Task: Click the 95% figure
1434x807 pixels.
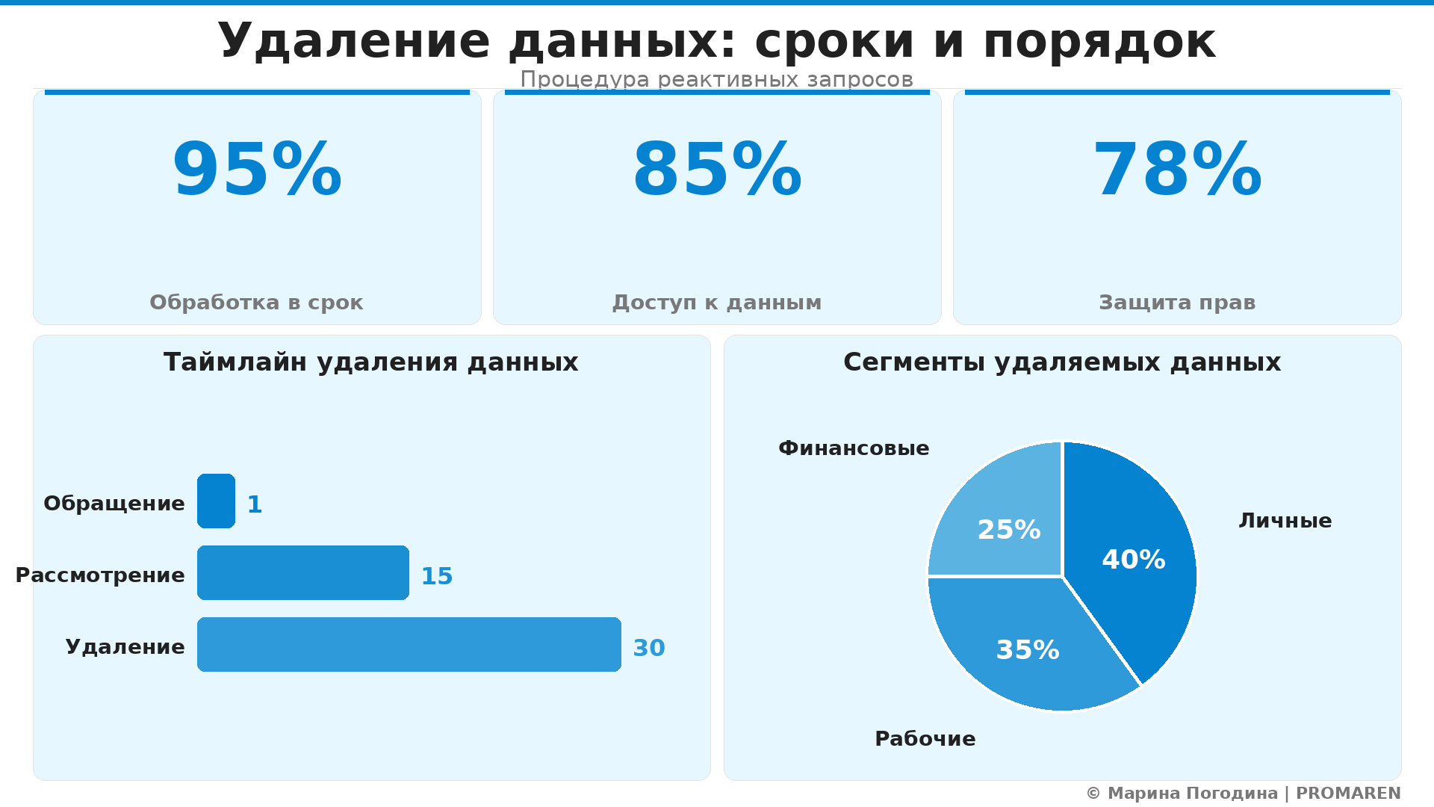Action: tap(257, 171)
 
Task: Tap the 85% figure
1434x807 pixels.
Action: tap(717, 171)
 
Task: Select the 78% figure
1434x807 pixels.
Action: tap(1177, 171)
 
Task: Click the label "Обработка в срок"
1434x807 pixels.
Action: tap(256, 303)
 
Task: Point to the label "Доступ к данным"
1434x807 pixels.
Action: tap(717, 303)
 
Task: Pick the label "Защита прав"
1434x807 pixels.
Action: tap(1177, 303)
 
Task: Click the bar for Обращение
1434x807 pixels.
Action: tap(217, 501)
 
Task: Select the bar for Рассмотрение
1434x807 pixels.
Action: tap(303, 573)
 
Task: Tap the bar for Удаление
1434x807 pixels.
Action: tap(409, 645)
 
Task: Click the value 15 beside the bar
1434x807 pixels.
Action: tap(437, 576)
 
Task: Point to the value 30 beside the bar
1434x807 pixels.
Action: tap(649, 648)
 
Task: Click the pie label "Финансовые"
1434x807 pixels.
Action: tap(854, 448)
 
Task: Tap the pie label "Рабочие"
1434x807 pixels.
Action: tap(925, 739)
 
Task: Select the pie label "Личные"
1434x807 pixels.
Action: tap(1285, 521)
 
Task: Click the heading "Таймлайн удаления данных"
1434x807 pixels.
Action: tap(371, 362)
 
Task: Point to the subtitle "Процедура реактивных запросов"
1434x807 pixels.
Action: tap(717, 79)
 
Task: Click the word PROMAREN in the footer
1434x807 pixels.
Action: tap(1348, 794)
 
